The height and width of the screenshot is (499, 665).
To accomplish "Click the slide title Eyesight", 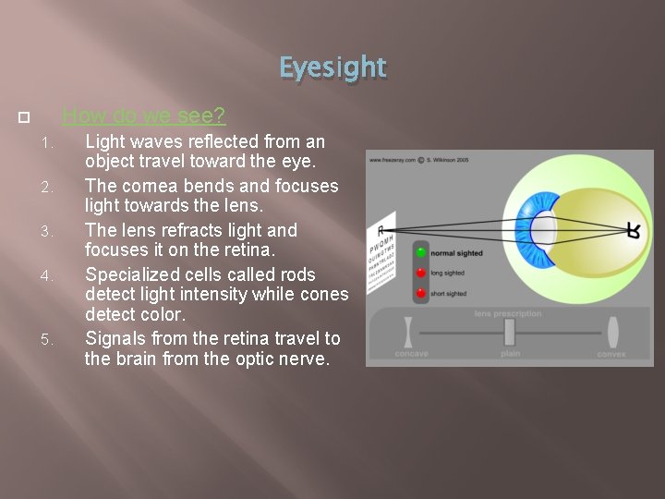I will coord(332,67).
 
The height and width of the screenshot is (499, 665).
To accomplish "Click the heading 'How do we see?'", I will coord(144,116).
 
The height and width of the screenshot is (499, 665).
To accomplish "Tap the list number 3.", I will coord(51,231).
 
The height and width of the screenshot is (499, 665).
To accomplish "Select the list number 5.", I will coord(51,340).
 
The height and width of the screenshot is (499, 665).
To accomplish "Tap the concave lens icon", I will coord(406,332).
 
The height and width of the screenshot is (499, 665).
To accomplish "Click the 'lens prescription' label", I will coord(508,314).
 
